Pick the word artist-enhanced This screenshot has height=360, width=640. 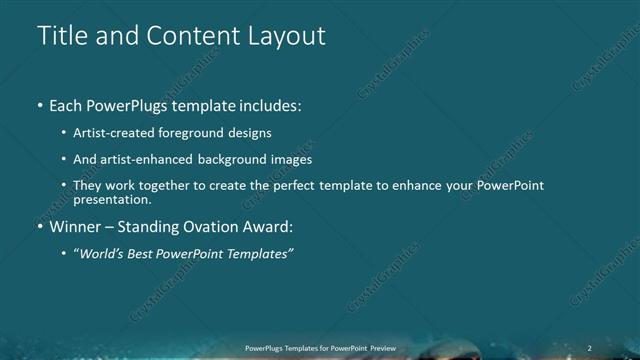click(159, 159)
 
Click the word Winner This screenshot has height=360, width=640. click(78, 227)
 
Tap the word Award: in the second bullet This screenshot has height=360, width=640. click(266, 227)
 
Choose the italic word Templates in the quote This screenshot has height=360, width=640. click(258, 254)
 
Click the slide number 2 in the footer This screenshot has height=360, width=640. click(589, 348)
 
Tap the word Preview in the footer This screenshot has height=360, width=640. click(381, 348)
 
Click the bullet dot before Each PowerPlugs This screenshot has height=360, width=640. click(39, 105)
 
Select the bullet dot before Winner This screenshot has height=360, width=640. click(39, 227)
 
